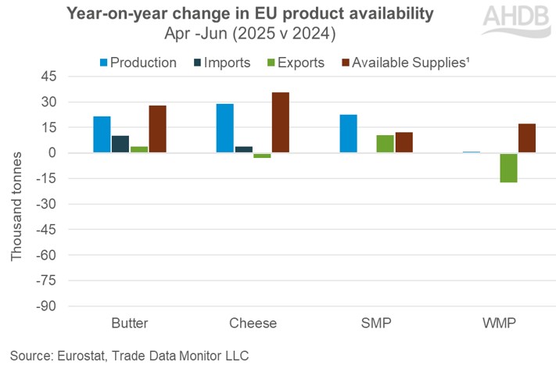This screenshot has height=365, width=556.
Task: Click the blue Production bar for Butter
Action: pyautogui.click(x=102, y=134)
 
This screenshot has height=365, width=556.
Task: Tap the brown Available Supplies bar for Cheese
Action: pyautogui.click(x=281, y=123)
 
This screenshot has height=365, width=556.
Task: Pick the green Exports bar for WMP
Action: pyautogui.click(x=508, y=167)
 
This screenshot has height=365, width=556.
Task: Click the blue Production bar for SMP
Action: pyautogui.click(x=348, y=134)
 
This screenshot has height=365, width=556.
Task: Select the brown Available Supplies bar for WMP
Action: pyautogui.click(x=527, y=138)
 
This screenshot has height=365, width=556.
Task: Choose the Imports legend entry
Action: pyautogui.click(x=222, y=62)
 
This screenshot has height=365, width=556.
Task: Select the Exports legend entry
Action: pyautogui.click(x=293, y=62)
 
